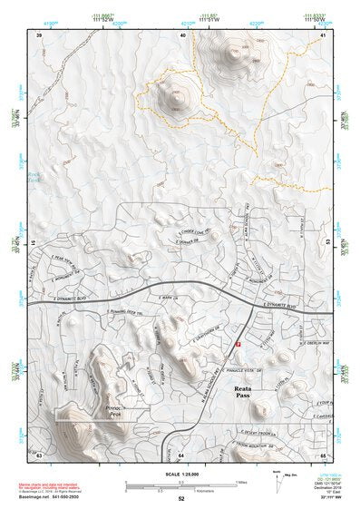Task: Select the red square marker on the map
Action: [238, 345]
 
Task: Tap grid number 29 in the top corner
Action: [38, 34]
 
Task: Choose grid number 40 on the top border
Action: [183, 34]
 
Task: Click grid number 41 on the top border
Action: [324, 34]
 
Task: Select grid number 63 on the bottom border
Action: [38, 451]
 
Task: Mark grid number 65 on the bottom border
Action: [324, 451]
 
